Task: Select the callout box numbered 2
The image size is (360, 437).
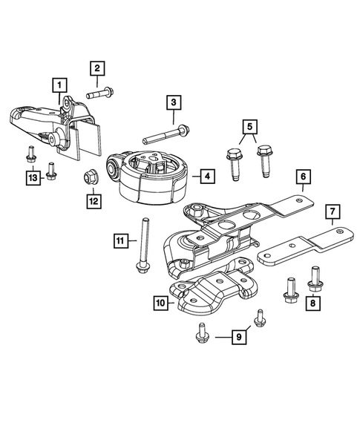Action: tap(96, 69)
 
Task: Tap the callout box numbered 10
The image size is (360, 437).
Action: tap(160, 302)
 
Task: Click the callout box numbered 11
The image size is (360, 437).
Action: tap(120, 240)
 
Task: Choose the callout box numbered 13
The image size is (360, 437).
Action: tap(32, 178)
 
